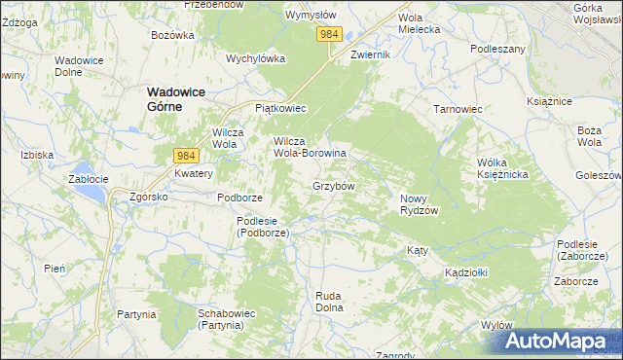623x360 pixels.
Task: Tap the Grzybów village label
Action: click(x=333, y=185)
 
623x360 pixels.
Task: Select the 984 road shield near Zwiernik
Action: click(x=329, y=34)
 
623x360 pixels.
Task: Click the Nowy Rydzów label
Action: click(x=421, y=204)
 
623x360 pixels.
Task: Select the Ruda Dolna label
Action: click(x=331, y=301)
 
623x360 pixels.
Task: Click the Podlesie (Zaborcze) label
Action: click(x=584, y=249)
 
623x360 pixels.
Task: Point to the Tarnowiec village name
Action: click(x=458, y=109)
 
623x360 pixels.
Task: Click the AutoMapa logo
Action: click(x=555, y=340)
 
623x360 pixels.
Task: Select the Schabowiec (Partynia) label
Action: click(x=226, y=319)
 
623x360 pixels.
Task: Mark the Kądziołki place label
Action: click(x=466, y=272)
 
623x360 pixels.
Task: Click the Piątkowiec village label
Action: click(x=280, y=108)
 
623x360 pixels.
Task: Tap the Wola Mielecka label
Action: click(x=420, y=23)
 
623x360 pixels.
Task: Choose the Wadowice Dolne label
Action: click(x=80, y=65)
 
